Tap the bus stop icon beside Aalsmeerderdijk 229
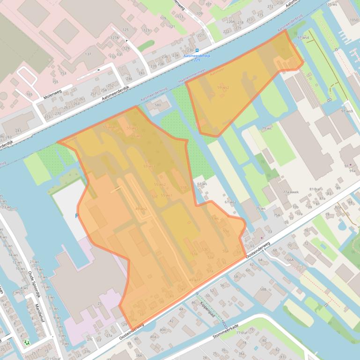[x=197, y=50]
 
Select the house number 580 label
[x=157, y=105]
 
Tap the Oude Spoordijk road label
[x=34, y=285]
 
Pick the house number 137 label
[x=88, y=54]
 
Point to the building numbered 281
[x=19, y=131]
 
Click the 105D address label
[x=354, y=20]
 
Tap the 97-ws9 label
[x=347, y=111]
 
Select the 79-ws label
[x=267, y=129]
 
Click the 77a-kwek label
[x=290, y=192]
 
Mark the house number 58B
[x=263, y=290]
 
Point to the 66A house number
[x=290, y=259]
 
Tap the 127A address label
[x=115, y=37]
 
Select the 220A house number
[x=230, y=22]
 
